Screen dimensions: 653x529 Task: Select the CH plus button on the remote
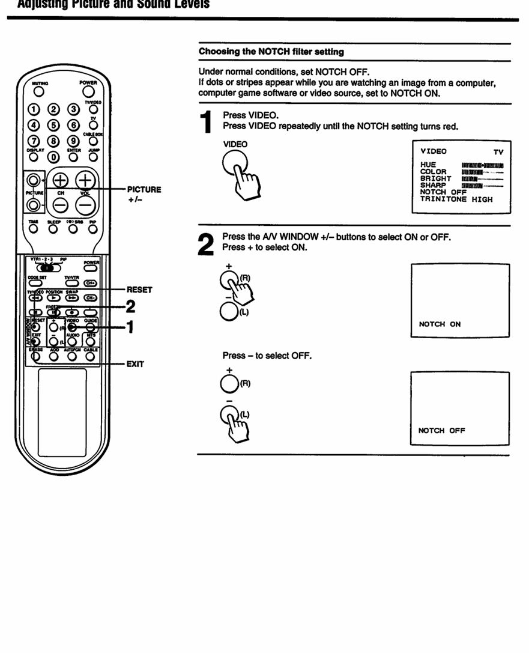point(61,181)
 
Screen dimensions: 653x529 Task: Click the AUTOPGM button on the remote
point(72,356)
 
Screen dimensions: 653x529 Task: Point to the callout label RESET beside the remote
point(139,290)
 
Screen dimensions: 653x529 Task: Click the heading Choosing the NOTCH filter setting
point(271,52)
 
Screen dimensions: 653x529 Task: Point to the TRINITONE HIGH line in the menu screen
point(456,199)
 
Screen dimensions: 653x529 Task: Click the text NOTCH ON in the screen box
point(440,324)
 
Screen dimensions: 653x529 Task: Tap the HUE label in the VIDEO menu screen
point(428,165)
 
